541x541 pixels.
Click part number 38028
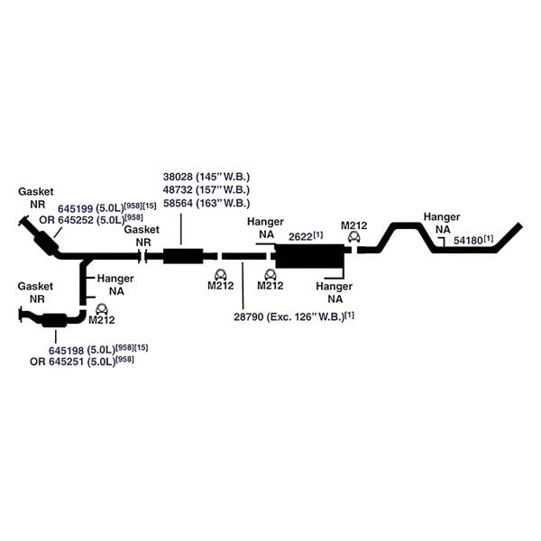point(178,177)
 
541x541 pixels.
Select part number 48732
point(178,189)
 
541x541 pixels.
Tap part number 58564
point(178,203)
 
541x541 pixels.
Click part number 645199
point(75,209)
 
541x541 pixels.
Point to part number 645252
point(77,220)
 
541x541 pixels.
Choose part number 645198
point(66,351)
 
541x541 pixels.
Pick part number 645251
point(66,362)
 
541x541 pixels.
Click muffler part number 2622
point(300,237)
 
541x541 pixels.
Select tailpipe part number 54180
point(468,241)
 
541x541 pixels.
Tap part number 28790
point(249,316)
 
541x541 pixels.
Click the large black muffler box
point(310,256)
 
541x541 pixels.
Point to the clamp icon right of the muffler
point(354,237)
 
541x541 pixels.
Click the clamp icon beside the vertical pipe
point(101,308)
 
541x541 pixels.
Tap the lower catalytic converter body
point(54,320)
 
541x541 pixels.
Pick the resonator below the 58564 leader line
point(183,256)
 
